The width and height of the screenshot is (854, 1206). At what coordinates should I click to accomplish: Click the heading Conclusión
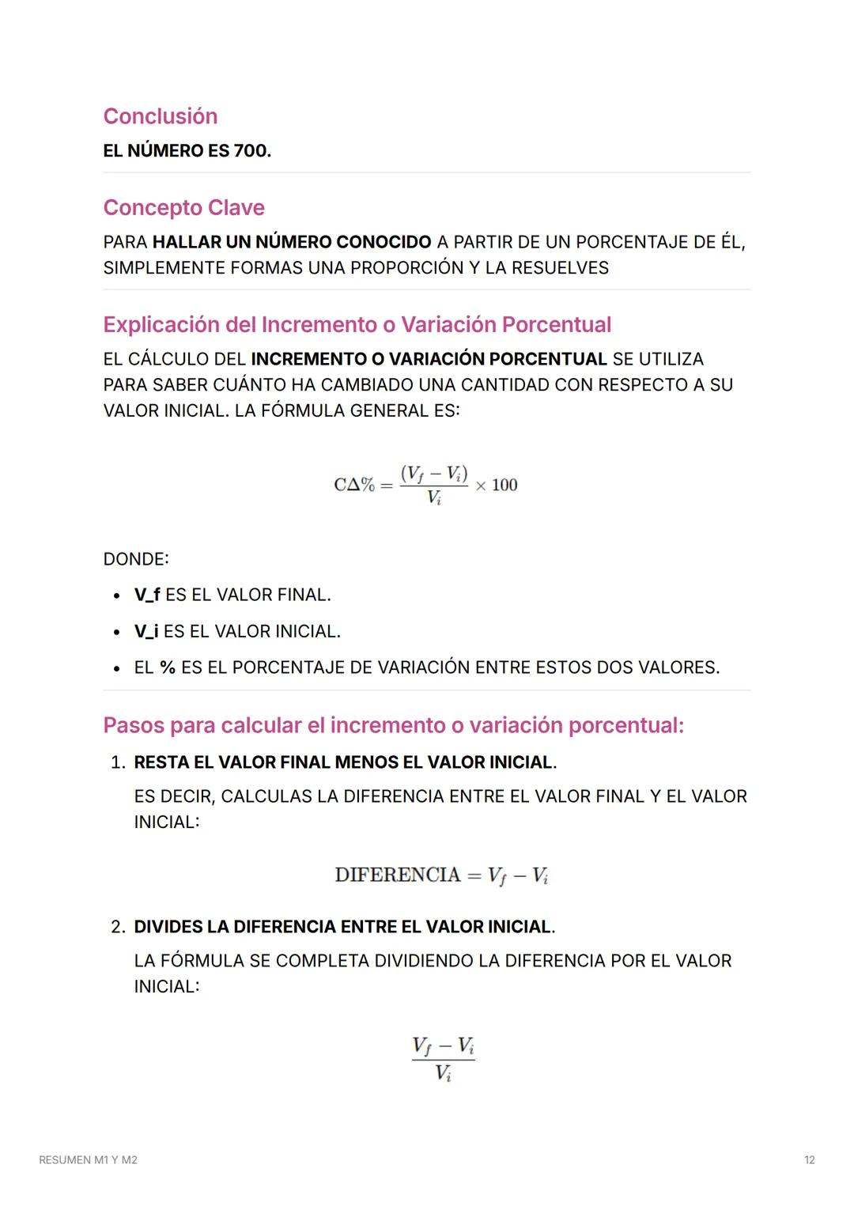160,116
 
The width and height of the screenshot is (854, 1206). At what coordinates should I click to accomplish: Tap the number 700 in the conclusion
251,151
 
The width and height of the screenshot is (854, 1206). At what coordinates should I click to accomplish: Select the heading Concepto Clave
183,207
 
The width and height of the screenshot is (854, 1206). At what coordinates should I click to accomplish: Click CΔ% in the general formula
354,485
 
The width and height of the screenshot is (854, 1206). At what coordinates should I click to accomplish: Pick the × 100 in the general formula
497,485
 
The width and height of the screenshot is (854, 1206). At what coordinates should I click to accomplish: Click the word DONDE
135,559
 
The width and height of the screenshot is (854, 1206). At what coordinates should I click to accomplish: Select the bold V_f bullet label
146,595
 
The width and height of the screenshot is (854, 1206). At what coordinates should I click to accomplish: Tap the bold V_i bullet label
145,632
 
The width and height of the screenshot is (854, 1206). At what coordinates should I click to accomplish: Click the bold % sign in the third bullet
167,667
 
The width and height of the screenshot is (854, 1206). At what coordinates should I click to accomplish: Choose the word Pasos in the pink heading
134,725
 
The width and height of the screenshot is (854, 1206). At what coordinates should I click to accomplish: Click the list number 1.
117,762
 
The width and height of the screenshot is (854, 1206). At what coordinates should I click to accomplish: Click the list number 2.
117,927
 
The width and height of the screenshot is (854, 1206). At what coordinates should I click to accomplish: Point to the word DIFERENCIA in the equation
397,875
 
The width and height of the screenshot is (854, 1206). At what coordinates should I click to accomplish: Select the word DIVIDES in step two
168,927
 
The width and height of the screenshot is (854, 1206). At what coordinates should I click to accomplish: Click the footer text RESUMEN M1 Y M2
88,1160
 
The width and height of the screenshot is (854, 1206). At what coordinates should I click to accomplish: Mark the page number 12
809,1160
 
